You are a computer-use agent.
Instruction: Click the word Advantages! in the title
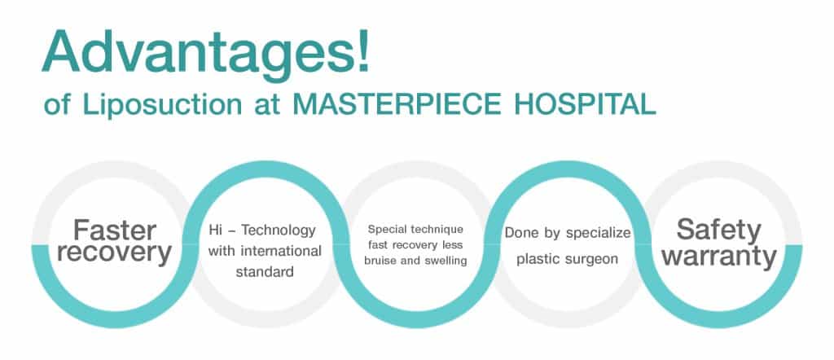(206, 53)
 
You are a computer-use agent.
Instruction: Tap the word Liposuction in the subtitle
(162, 105)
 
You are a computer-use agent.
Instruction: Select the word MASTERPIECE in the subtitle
(397, 105)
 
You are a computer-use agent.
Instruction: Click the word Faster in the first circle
(114, 230)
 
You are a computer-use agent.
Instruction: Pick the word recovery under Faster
(114, 253)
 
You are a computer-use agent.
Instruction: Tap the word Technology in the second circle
(279, 230)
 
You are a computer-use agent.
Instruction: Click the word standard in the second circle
(265, 272)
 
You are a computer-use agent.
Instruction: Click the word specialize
(598, 234)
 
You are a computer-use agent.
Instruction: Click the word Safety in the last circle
(718, 230)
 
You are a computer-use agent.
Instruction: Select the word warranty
(720, 257)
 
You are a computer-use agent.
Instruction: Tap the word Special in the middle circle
(388, 230)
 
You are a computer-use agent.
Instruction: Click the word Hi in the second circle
(215, 230)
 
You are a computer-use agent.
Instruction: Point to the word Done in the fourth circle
(518, 233)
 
